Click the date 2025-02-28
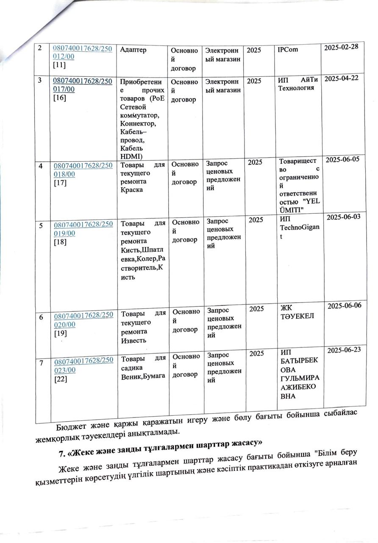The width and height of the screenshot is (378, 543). [343, 48]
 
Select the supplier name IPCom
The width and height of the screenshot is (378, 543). [288, 50]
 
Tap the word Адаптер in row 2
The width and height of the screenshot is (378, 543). [133, 50]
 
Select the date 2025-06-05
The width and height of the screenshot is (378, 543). [344, 160]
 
